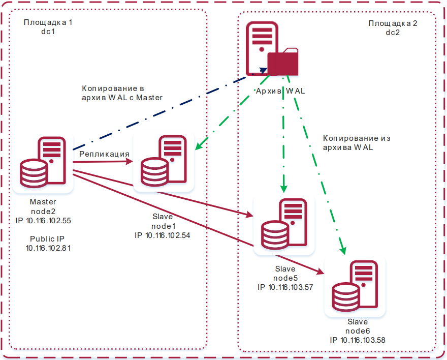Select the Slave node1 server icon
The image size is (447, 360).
(164, 163)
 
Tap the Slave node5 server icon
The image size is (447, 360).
(283, 225)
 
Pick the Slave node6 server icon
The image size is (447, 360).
(355, 286)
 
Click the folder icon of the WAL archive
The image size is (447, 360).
(283, 62)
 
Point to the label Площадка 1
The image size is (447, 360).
(48, 23)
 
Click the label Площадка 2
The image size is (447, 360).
(393, 23)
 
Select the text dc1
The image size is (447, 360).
(48, 32)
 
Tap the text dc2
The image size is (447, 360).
(393, 32)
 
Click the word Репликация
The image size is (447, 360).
(104, 154)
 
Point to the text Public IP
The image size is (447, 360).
(47, 239)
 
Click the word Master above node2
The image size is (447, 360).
(43, 202)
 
